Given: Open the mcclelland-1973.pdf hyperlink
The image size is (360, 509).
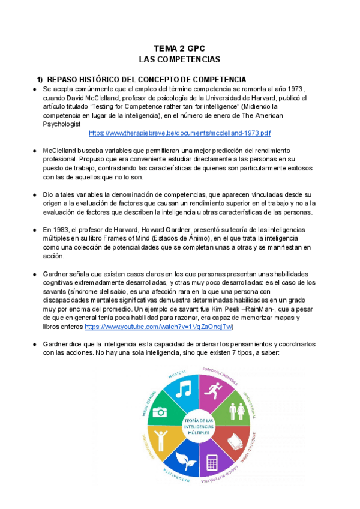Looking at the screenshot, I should click(179, 133).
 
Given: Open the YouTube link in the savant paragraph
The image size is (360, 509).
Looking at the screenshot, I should click(159, 327).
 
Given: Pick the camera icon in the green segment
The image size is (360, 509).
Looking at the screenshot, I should click(160, 411).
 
